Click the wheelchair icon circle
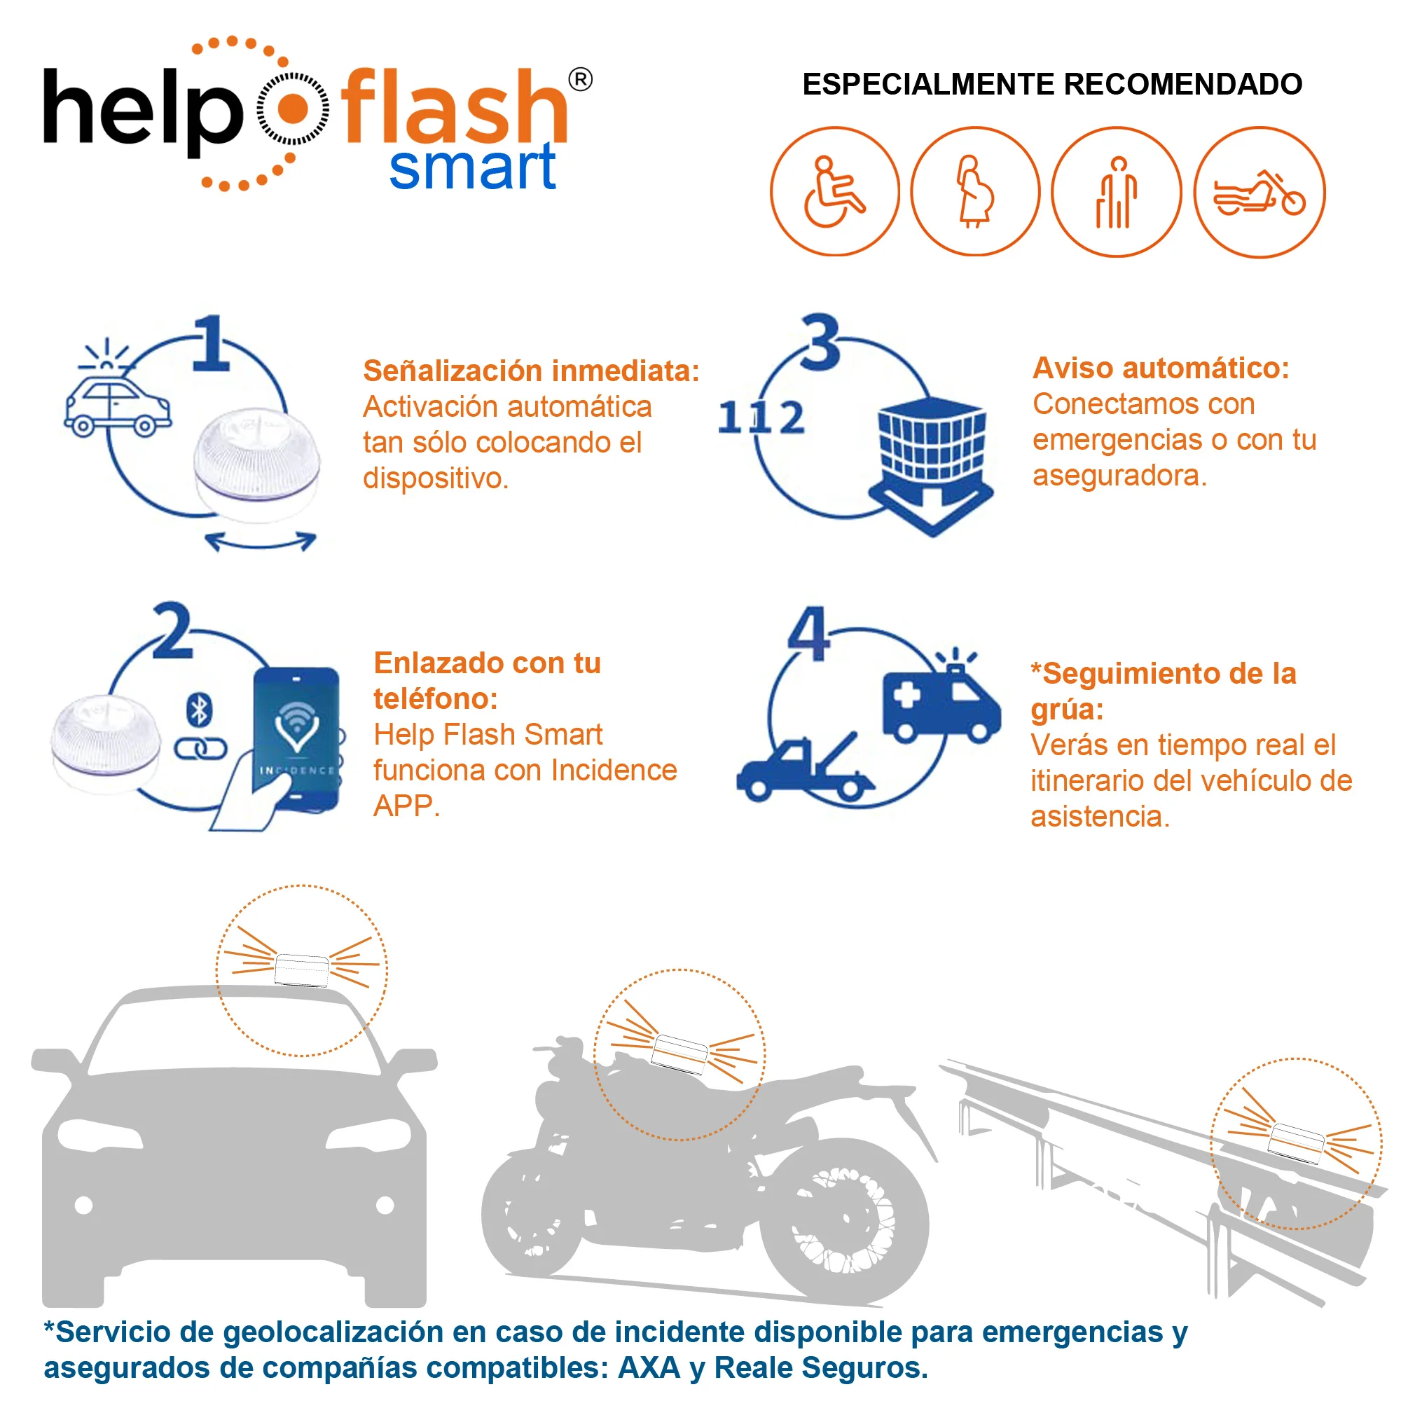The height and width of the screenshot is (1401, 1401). click(x=835, y=191)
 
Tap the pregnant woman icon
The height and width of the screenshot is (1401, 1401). click(x=974, y=191)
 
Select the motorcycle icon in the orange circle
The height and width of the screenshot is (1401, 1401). click(x=1259, y=192)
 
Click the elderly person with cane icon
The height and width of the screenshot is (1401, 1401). click(x=1116, y=192)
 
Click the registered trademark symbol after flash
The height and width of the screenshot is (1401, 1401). click(x=579, y=80)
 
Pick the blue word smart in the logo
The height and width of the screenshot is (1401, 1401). click(x=472, y=167)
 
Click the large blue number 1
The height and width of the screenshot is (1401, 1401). click(x=211, y=344)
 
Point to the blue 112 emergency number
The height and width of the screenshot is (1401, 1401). click(x=761, y=417)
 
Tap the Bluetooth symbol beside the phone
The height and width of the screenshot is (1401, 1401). click(x=199, y=710)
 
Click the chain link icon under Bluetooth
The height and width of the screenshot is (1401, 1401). click(x=200, y=748)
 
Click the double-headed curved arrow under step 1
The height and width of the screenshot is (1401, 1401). click(x=261, y=541)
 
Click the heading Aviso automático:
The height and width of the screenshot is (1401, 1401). click(x=1160, y=368)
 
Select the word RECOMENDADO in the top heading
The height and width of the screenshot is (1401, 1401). click(x=1182, y=84)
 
